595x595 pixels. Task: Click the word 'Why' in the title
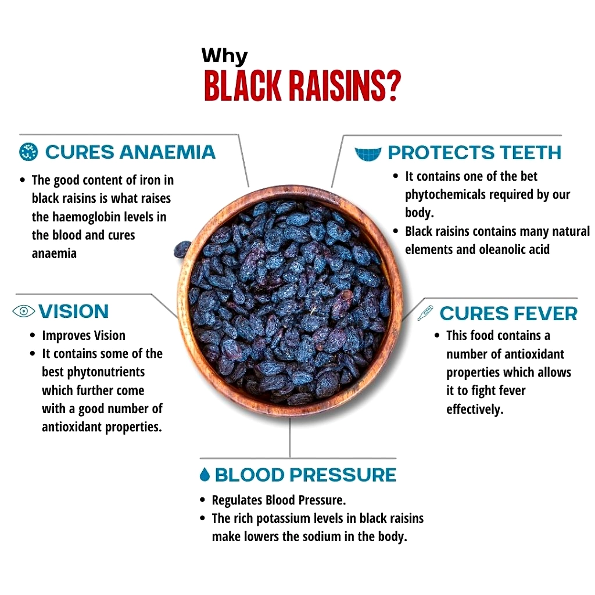[225, 56]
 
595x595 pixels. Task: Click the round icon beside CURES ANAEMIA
[28, 152]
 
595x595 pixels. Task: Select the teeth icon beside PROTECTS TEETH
[368, 154]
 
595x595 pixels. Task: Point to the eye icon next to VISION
[23, 311]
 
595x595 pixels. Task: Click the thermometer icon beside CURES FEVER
[425, 313]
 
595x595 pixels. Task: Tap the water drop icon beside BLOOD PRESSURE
[205, 474]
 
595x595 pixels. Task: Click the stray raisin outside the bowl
[182, 249]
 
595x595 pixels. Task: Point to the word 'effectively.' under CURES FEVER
[475, 410]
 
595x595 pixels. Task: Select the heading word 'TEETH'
[531, 153]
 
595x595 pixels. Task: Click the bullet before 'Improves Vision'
[33, 335]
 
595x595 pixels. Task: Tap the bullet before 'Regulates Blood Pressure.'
[203, 500]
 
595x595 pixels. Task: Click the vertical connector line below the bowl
[290, 438]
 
